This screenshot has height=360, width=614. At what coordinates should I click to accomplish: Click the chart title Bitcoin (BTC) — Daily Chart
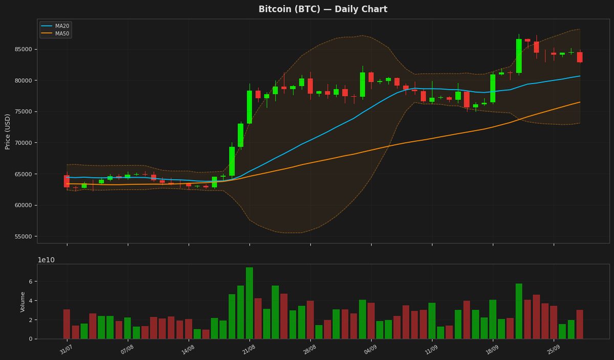(x=323, y=9)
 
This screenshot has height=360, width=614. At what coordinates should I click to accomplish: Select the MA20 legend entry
(x=55, y=26)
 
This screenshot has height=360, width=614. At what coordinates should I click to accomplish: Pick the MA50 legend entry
(x=55, y=34)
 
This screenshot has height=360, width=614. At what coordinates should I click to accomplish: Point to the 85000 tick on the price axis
(x=24, y=49)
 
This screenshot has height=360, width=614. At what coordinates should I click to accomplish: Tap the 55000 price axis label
(x=24, y=236)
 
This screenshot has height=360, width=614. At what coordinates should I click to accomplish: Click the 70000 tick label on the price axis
(x=24, y=143)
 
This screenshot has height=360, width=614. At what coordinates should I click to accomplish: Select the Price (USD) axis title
(x=7, y=132)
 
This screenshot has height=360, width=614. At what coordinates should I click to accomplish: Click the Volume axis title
(x=23, y=302)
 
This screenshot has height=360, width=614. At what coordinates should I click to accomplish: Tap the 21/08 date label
(x=249, y=349)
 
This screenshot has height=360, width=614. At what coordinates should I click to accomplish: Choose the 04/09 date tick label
(x=370, y=349)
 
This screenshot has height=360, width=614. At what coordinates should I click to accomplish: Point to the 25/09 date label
(x=553, y=349)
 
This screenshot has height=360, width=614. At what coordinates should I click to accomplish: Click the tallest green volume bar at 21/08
(x=250, y=303)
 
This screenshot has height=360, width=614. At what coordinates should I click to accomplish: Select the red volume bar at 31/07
(x=67, y=324)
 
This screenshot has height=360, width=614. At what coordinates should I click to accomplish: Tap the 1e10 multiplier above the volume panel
(x=46, y=260)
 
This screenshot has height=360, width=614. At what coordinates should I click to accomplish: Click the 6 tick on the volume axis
(x=31, y=281)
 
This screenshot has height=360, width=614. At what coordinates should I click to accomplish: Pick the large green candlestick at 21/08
(x=250, y=107)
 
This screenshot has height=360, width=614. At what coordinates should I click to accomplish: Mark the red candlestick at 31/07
(x=67, y=181)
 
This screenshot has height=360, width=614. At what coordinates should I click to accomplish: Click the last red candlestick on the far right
(x=580, y=57)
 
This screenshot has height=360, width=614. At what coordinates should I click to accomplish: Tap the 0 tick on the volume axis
(x=31, y=339)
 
